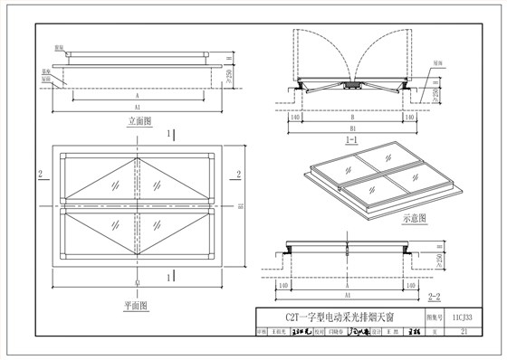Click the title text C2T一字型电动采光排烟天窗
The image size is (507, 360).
coord(335,317)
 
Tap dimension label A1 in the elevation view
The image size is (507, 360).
coord(137,104)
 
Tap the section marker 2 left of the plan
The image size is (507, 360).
coord(42,172)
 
